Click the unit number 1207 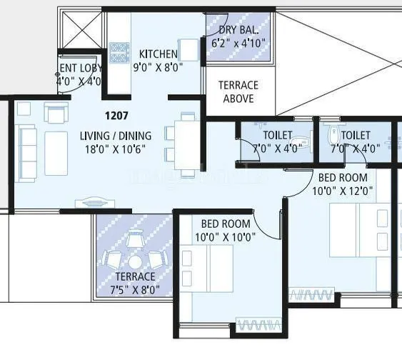coord(117,114)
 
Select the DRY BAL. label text coord(237,29)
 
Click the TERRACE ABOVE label coord(238,91)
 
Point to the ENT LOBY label coord(80,69)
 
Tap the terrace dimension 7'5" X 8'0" coord(134,289)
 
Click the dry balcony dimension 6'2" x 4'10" coord(238,42)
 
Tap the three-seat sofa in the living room coord(27,144)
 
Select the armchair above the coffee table coord(56,112)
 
